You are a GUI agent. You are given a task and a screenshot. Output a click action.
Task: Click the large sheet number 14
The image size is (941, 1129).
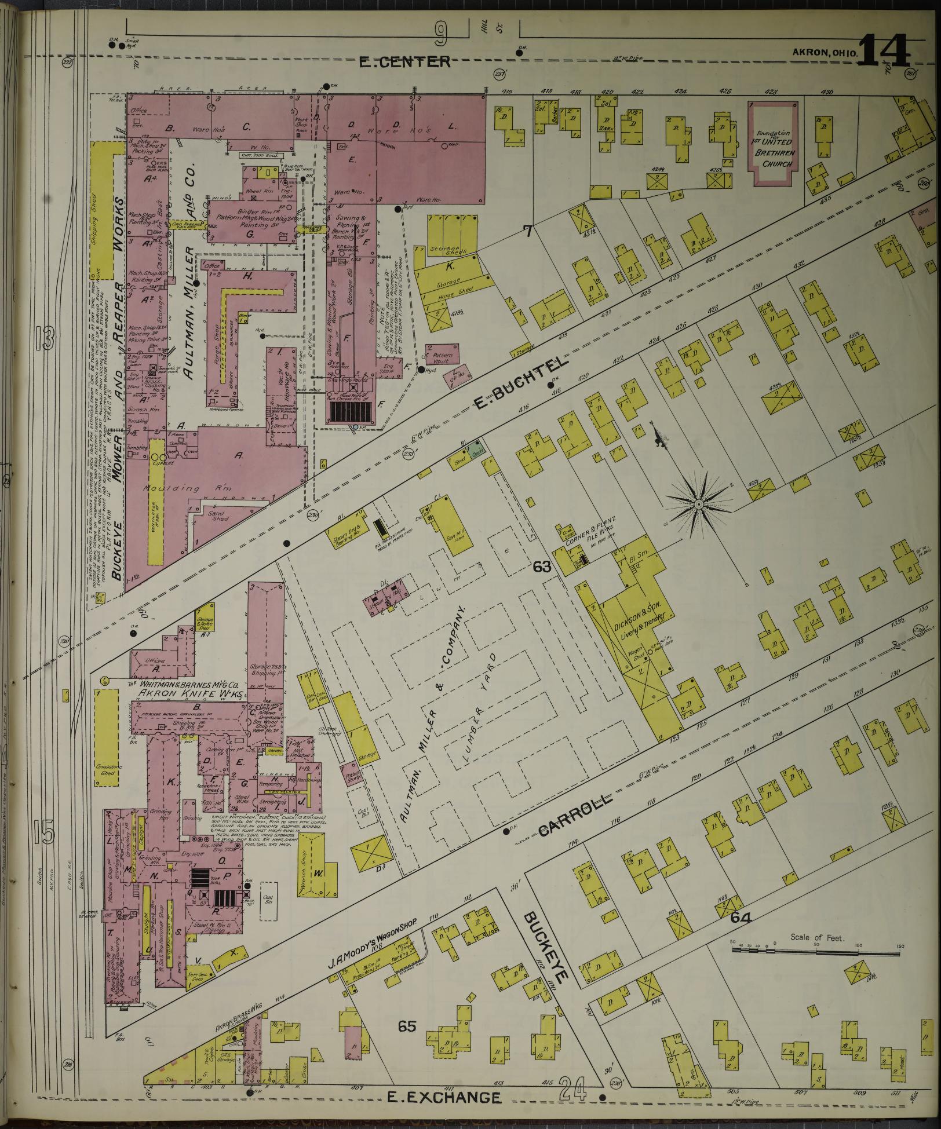tap(884, 51)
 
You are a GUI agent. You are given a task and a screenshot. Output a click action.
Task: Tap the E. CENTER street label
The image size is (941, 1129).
tap(404, 61)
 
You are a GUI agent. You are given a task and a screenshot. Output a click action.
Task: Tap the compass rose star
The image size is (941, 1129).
tap(699, 505)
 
